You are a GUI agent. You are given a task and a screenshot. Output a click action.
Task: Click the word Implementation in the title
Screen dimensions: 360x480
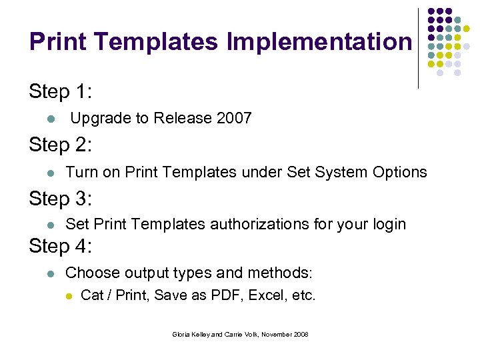click(x=319, y=42)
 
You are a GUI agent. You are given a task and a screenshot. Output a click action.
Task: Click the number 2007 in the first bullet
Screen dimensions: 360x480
click(x=234, y=119)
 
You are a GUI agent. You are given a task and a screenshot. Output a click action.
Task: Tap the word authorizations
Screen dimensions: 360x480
click(x=261, y=225)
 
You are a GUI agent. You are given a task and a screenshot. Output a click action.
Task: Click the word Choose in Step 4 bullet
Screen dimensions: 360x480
click(x=90, y=273)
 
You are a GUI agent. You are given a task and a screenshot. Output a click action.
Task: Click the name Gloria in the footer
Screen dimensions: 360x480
click(x=183, y=334)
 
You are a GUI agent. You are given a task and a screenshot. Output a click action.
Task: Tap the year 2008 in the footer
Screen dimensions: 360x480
click(x=299, y=334)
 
